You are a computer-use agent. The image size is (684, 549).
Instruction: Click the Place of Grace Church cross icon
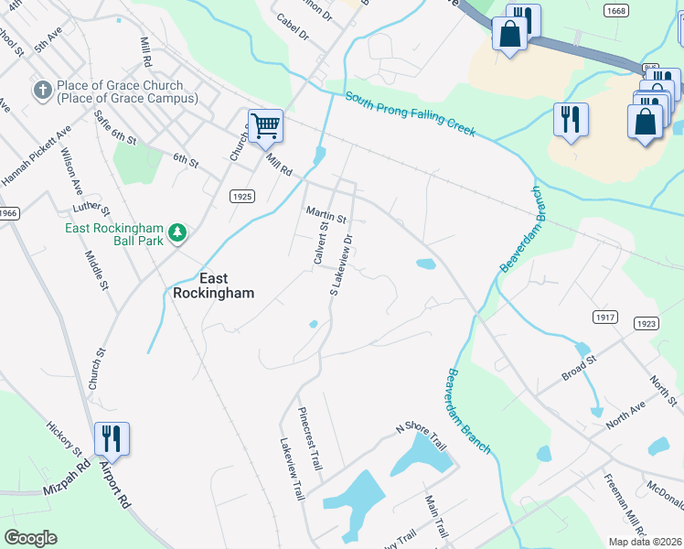(x=42, y=91)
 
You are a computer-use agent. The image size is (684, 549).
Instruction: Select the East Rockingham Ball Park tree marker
(x=177, y=233)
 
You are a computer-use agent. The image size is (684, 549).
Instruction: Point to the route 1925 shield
(x=241, y=196)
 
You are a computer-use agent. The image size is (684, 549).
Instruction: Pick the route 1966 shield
(x=7, y=213)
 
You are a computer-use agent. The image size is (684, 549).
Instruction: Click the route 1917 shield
(x=605, y=318)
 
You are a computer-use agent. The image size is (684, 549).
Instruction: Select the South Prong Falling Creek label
(x=410, y=114)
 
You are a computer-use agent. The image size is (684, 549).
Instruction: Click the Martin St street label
(x=326, y=215)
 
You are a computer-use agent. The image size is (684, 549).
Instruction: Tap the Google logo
(x=30, y=538)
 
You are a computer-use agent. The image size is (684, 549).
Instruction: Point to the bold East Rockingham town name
(x=214, y=285)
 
